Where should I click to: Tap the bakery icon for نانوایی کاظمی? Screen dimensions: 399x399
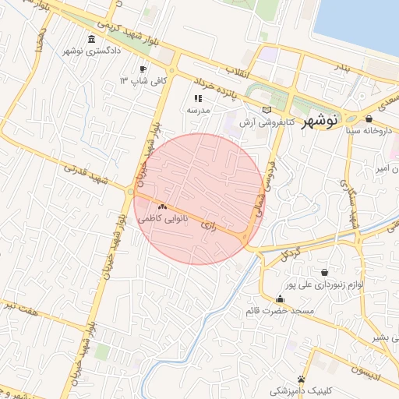pyautogui.click(x=163, y=207)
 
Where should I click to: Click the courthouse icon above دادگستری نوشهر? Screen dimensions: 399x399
pyautogui.click(x=92, y=39)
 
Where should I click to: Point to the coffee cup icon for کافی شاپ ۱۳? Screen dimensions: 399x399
pyautogui.click(x=143, y=69)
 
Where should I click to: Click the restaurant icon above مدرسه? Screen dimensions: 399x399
pyautogui.click(x=198, y=99)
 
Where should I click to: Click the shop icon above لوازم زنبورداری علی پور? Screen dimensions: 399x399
pyautogui.click(x=323, y=272)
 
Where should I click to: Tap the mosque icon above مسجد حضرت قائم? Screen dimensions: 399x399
pyautogui.click(x=281, y=298)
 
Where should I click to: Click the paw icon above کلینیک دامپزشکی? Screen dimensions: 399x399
pyautogui.click(x=301, y=379)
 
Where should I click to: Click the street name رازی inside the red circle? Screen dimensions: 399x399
pyautogui.click(x=207, y=224)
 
